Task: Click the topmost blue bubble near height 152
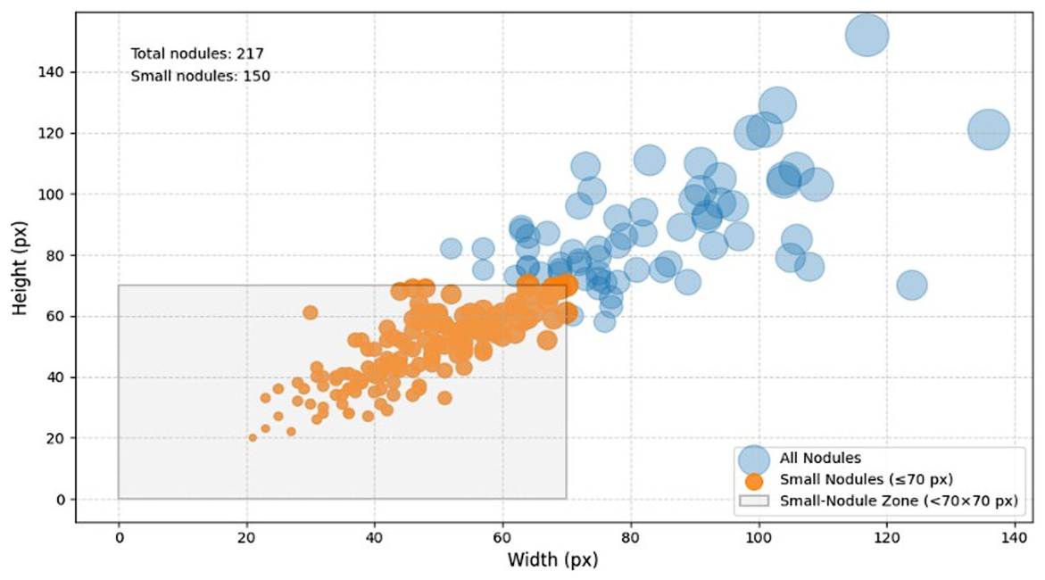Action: pyautogui.click(x=867, y=35)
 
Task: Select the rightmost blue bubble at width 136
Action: pyautogui.click(x=989, y=129)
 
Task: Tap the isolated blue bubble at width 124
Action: pyautogui.click(x=912, y=286)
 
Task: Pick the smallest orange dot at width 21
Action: pyautogui.click(x=253, y=438)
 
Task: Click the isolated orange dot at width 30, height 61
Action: pyautogui.click(x=310, y=312)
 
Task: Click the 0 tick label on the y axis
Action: pyautogui.click(x=62, y=500)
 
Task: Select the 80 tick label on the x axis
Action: pyautogui.click(x=630, y=536)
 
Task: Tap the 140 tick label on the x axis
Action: pyautogui.click(x=1015, y=536)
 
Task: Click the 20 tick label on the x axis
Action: pyautogui.click(x=246, y=536)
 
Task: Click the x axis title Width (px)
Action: pyautogui.click(x=552, y=559)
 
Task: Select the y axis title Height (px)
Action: pyautogui.click(x=20, y=268)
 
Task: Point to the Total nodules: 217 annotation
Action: pyautogui.click(x=197, y=54)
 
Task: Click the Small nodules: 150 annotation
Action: pyautogui.click(x=201, y=76)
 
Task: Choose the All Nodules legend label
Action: pyautogui.click(x=820, y=458)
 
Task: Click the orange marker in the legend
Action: pyautogui.click(x=754, y=482)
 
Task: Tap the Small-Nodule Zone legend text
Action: pyautogui.click(x=899, y=501)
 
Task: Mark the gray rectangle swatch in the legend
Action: pyautogui.click(x=754, y=501)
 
